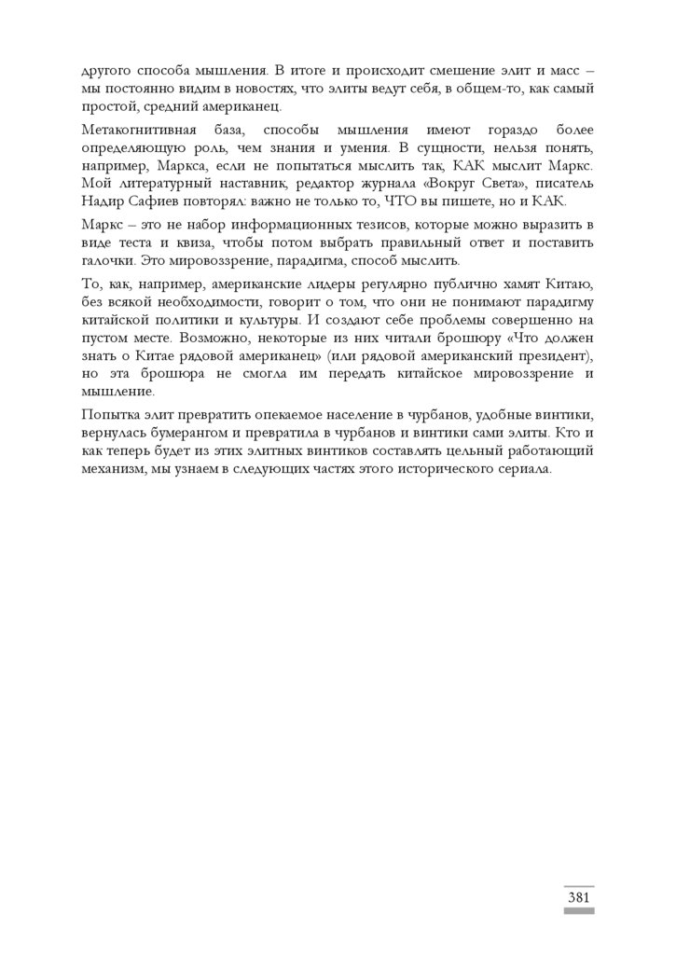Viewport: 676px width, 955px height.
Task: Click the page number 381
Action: click(x=578, y=897)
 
